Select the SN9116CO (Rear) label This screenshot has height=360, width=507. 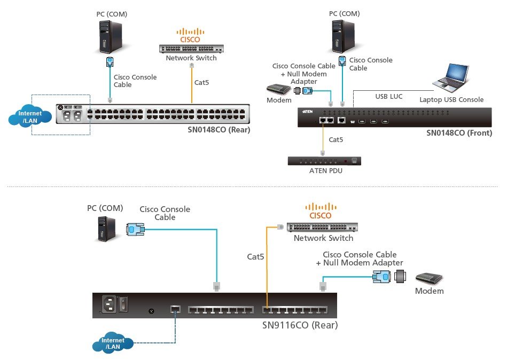pyautogui.click(x=300, y=325)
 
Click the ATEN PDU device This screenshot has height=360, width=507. pyautogui.click(x=324, y=160)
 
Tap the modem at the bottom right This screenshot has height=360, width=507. pyautogui.click(x=430, y=278)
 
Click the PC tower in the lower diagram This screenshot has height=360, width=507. pyautogui.click(x=106, y=229)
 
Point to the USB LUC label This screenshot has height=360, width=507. pyautogui.click(x=388, y=97)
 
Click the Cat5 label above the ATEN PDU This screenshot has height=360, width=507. pyautogui.click(x=336, y=140)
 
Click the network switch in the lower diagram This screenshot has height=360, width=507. pyautogui.click(x=322, y=226)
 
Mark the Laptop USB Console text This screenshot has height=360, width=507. pyautogui.click(x=451, y=99)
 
